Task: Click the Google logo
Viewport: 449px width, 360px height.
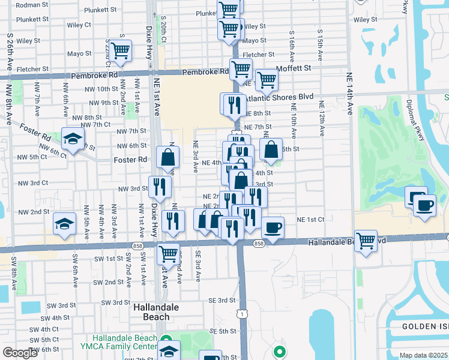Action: (x=20, y=353)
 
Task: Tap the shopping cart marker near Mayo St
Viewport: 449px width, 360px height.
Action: (x=121, y=52)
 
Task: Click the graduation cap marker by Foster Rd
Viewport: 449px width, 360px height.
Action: (x=73, y=140)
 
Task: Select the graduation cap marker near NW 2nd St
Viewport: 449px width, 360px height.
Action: (x=64, y=224)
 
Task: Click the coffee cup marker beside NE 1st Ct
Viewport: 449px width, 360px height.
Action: (x=273, y=228)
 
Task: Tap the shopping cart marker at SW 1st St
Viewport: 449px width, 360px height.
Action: (x=168, y=253)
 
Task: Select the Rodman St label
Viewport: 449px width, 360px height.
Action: (x=27, y=5)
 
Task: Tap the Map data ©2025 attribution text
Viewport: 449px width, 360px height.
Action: (x=423, y=355)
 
